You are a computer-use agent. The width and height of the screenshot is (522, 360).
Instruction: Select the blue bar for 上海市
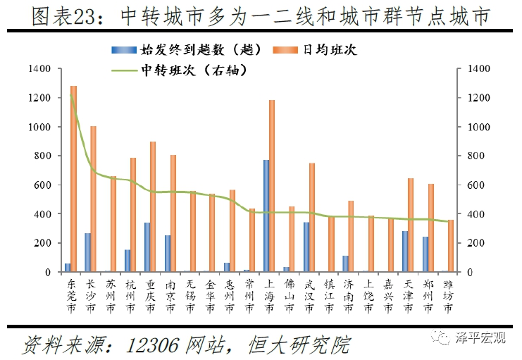[266, 216]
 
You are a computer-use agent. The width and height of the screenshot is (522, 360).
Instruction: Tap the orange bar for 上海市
[272, 186]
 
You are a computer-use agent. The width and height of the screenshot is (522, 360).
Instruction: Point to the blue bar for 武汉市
[306, 247]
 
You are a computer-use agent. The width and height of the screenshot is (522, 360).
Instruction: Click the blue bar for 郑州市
[425, 254]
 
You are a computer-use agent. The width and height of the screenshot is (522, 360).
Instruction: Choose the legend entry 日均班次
[334, 49]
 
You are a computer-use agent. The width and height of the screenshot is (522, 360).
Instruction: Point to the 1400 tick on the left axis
[42, 69]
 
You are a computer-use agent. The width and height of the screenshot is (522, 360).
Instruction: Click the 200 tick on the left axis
[44, 242]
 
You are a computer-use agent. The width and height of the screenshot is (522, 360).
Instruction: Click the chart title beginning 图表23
[261, 15]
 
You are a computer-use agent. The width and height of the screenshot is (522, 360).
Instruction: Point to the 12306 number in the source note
[154, 345]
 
